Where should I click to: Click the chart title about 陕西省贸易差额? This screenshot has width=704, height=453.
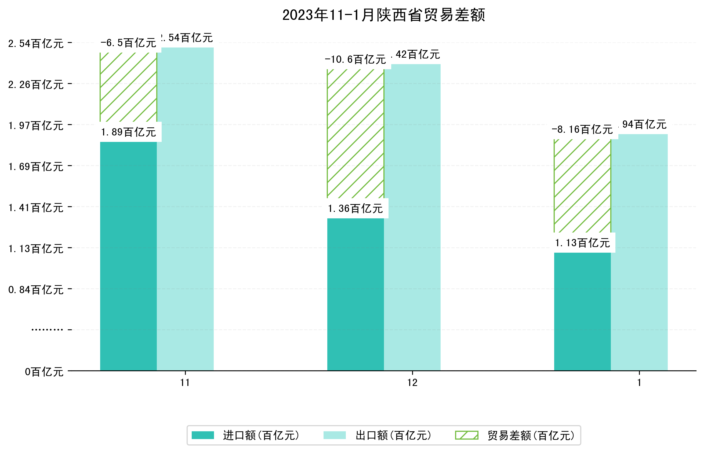(x=383, y=15)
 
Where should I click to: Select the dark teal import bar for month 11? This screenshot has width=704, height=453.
(x=128, y=256)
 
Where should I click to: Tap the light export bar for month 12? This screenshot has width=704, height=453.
(x=412, y=218)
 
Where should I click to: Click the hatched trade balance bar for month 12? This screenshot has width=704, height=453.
(x=355, y=134)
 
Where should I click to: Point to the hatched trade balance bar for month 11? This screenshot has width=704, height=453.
(x=128, y=87)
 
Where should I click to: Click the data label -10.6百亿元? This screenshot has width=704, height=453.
(x=355, y=60)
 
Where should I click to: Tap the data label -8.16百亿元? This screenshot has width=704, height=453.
(x=582, y=130)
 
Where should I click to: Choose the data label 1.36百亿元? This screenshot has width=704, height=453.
(x=355, y=209)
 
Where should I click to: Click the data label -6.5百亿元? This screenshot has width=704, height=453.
(x=128, y=43)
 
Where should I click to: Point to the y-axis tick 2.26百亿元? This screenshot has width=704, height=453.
(x=36, y=85)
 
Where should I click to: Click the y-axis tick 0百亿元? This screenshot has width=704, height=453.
(x=44, y=372)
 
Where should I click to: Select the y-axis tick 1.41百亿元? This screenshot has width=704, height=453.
(x=36, y=208)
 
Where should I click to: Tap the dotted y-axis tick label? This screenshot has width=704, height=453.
(x=47, y=330)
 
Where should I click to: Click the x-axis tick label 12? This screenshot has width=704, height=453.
(x=412, y=383)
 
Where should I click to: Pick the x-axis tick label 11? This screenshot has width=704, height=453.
(x=185, y=383)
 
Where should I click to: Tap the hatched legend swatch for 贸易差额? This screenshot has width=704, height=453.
(x=466, y=435)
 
